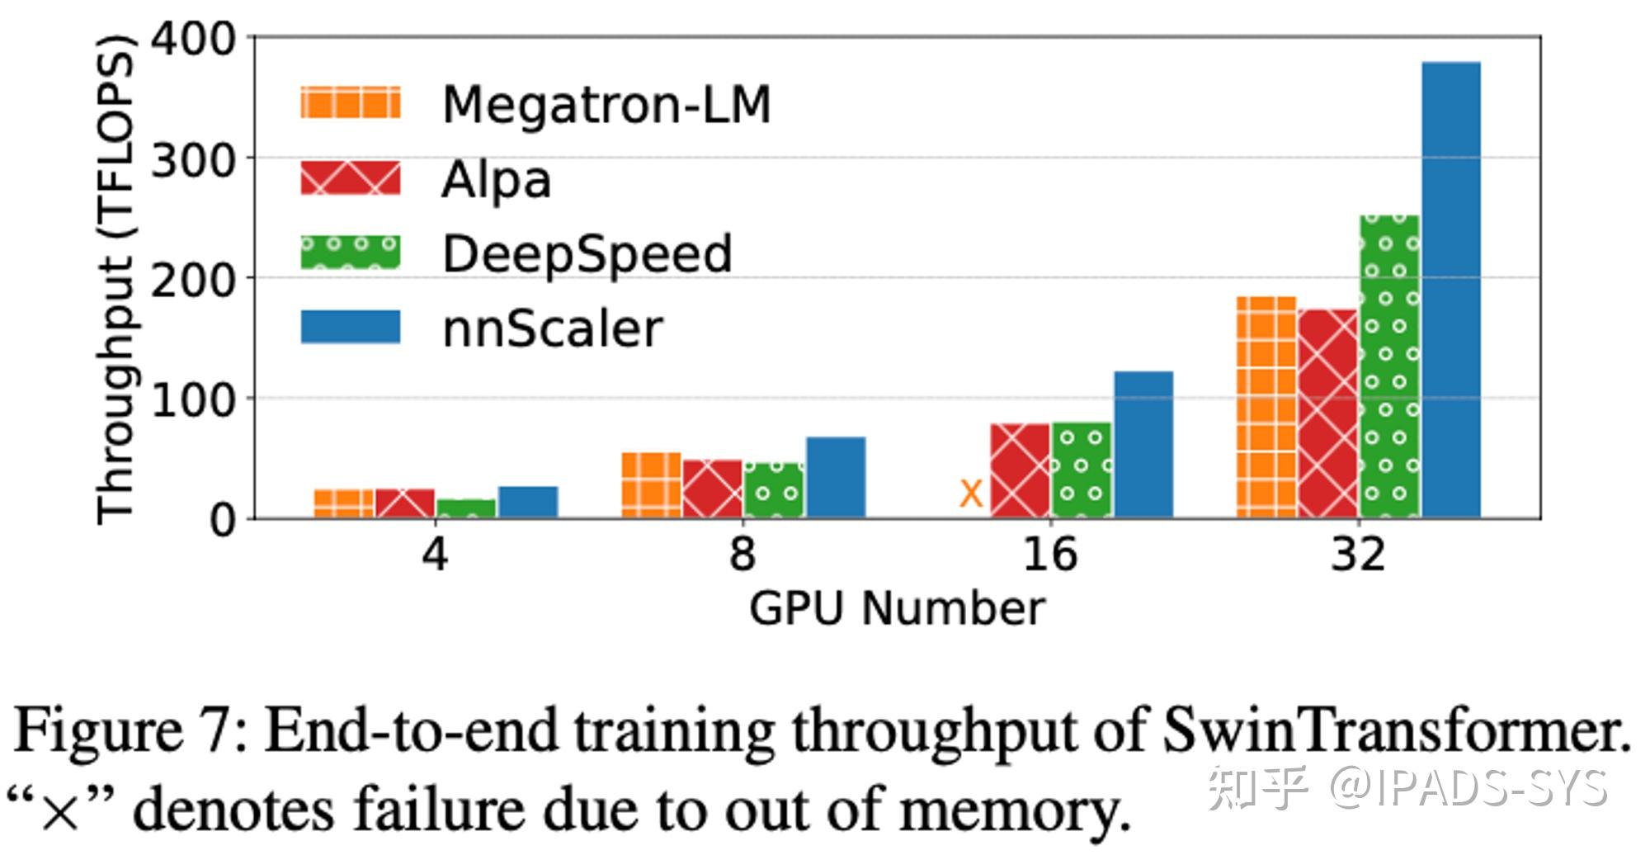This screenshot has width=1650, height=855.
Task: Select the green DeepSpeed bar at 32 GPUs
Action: (x=1390, y=367)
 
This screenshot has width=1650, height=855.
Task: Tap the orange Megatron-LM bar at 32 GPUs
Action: (x=1266, y=408)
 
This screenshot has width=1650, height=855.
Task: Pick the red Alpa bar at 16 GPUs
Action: (x=1021, y=471)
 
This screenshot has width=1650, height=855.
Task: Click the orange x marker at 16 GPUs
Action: (x=971, y=494)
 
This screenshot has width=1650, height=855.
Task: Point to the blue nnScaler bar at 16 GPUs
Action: (x=1143, y=445)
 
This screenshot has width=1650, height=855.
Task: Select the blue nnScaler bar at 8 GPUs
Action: (x=836, y=478)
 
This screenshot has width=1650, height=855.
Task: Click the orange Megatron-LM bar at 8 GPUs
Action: (x=651, y=485)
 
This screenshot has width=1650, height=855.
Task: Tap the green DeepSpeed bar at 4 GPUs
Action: (x=466, y=509)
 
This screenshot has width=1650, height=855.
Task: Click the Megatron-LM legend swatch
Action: (x=351, y=103)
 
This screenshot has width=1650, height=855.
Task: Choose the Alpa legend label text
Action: (x=496, y=179)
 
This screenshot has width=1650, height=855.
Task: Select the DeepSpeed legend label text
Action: (x=587, y=253)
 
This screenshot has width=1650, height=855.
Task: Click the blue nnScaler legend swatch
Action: (x=351, y=327)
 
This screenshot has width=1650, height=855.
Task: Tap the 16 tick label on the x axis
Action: (x=1049, y=555)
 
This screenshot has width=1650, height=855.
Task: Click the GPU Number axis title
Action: (x=897, y=609)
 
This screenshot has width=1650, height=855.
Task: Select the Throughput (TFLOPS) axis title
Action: (x=115, y=279)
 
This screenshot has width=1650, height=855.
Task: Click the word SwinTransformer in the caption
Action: (x=1397, y=730)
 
